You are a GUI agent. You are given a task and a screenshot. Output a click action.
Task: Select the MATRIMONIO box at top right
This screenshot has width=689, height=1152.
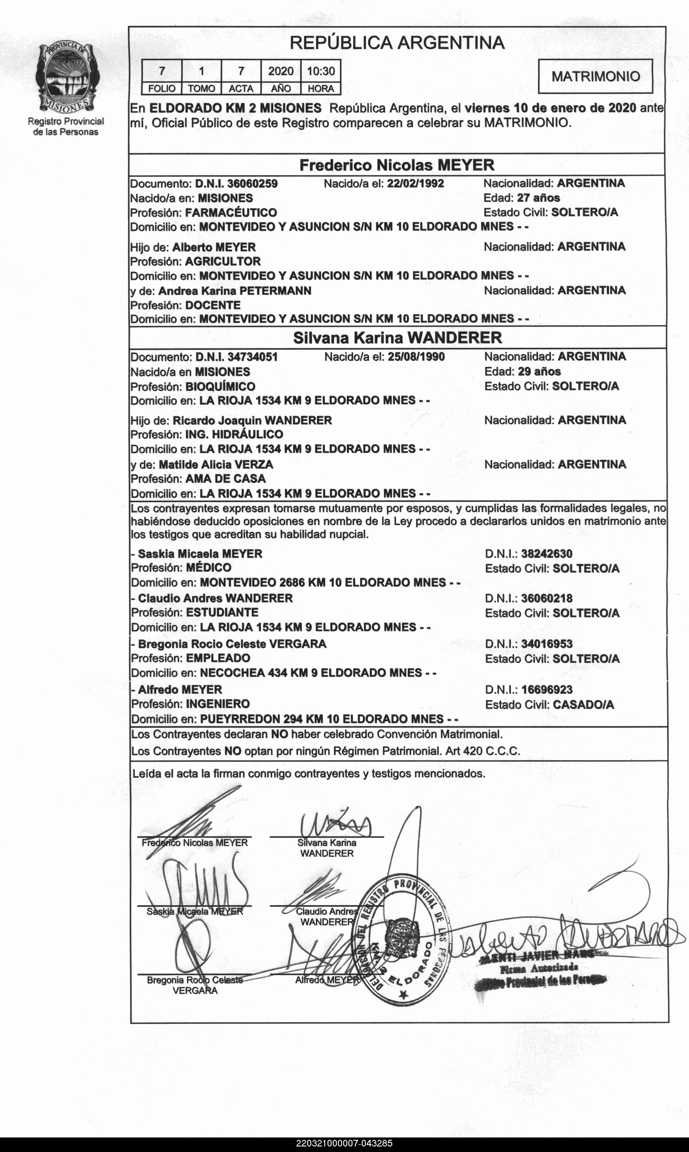(x=595, y=76)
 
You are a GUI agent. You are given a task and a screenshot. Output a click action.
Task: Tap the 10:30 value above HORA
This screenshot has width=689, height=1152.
(x=321, y=71)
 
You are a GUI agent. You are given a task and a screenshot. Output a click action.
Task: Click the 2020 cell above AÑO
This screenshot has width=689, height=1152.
(x=281, y=71)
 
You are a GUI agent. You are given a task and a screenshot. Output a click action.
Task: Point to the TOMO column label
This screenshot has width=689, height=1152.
(x=202, y=88)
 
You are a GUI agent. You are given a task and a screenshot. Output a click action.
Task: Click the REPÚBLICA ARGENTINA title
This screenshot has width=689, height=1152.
(x=397, y=43)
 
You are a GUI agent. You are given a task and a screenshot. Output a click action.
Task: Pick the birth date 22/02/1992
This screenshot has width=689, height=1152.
(x=415, y=184)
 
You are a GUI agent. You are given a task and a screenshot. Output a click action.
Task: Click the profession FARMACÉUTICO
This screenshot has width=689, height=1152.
(x=231, y=213)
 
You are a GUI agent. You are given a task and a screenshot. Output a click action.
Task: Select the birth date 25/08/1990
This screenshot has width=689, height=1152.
(x=416, y=357)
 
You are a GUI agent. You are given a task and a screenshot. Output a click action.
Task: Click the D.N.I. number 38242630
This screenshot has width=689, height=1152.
(x=546, y=554)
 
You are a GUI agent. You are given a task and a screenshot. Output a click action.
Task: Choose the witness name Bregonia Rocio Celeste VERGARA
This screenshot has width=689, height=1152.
(x=232, y=644)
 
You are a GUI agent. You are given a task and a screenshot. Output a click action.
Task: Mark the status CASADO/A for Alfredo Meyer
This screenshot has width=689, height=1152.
(x=583, y=705)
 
